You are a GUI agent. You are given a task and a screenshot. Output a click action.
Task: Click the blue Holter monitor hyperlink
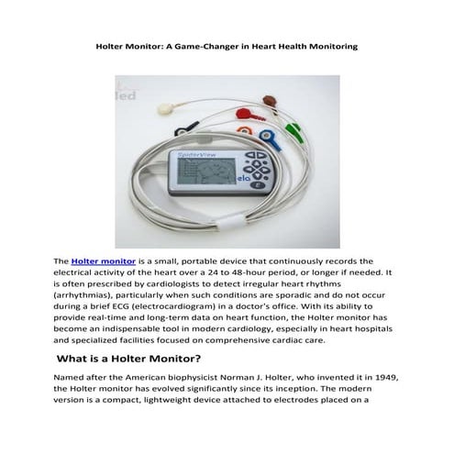coord(101,261)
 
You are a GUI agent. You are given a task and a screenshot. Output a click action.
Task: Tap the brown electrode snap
coord(266,94)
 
